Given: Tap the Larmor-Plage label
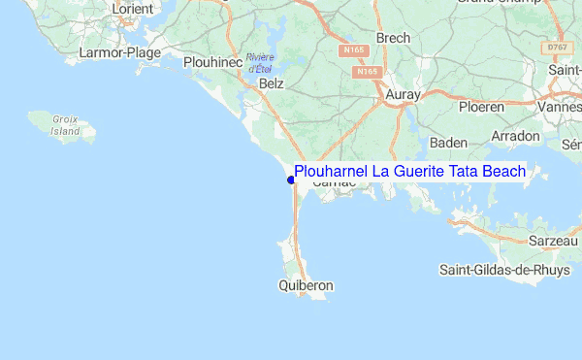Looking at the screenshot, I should tap(121, 52).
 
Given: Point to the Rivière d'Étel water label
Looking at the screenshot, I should tap(260, 63).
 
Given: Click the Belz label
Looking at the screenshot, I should tap(272, 84).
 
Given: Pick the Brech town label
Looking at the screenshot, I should tap(393, 38).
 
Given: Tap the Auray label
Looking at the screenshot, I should tap(403, 94).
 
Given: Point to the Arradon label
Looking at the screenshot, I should tap(515, 137).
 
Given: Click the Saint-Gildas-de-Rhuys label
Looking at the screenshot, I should tap(504, 269).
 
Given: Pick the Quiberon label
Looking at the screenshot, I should tap(306, 286).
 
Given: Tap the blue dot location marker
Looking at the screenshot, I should tap(291, 180).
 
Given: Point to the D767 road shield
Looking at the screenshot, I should tap(556, 47).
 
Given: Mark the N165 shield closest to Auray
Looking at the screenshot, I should tap(367, 72).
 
